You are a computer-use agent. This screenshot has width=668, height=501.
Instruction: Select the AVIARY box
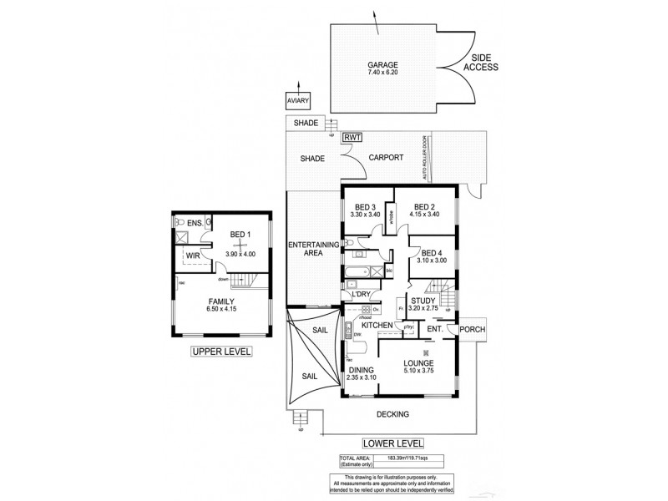[x=298, y=101]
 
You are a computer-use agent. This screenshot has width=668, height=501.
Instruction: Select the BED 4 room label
[x=431, y=254]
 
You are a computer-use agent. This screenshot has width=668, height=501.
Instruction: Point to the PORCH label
[x=473, y=328]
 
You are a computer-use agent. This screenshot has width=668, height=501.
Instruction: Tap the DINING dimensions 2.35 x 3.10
[x=362, y=378]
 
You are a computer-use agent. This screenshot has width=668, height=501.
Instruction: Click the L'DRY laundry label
[x=361, y=295]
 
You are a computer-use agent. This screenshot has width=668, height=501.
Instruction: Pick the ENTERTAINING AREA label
[x=312, y=249]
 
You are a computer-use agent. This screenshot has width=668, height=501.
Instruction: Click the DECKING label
[x=392, y=414]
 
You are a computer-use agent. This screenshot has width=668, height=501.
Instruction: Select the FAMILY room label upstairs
[x=220, y=301]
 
